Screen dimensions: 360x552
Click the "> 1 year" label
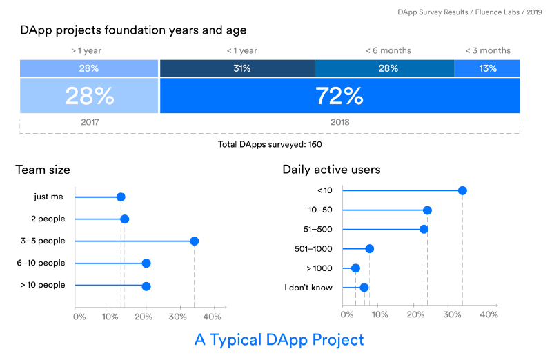86,50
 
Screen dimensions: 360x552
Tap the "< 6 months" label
388,50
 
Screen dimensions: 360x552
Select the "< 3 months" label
487,50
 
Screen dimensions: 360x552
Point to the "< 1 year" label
241,50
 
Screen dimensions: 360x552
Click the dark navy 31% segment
237,68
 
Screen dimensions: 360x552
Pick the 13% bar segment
487,68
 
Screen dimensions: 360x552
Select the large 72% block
339,96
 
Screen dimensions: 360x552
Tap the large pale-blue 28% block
89,96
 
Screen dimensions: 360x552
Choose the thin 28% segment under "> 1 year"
89,68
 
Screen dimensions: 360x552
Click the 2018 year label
339,121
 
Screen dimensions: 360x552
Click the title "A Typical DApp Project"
279,340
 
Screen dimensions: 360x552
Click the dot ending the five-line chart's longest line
195,241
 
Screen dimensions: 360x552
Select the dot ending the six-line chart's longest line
462,190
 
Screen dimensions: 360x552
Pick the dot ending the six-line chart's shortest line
355,268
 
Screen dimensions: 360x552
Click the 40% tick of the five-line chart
213,317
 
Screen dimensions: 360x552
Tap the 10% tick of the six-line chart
379,314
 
